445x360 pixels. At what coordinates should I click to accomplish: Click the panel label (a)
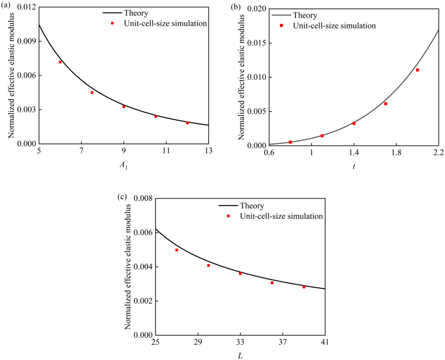coord(6,6)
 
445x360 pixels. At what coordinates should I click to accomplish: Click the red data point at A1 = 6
coord(60,62)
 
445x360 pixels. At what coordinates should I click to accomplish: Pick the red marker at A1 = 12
coord(187,123)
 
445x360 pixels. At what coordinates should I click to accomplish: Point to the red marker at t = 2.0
coord(418,70)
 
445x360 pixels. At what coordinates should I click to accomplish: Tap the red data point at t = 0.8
coord(290,142)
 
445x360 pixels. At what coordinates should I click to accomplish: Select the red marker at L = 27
coord(177,250)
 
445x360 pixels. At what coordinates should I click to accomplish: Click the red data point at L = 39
coord(304,287)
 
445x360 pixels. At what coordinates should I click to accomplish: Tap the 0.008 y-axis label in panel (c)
coord(142,199)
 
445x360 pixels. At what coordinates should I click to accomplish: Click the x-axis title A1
coord(123,166)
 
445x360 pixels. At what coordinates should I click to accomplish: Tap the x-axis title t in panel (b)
coord(354,167)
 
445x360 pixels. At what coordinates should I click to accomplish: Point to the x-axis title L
coord(240,357)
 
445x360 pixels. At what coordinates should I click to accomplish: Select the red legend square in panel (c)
coord(229,216)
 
